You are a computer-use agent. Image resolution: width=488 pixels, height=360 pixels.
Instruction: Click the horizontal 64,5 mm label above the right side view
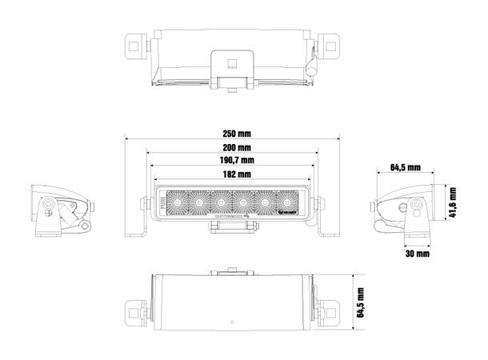point(406,167)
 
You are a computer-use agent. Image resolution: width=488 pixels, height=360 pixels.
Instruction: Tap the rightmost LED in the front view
point(285,203)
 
